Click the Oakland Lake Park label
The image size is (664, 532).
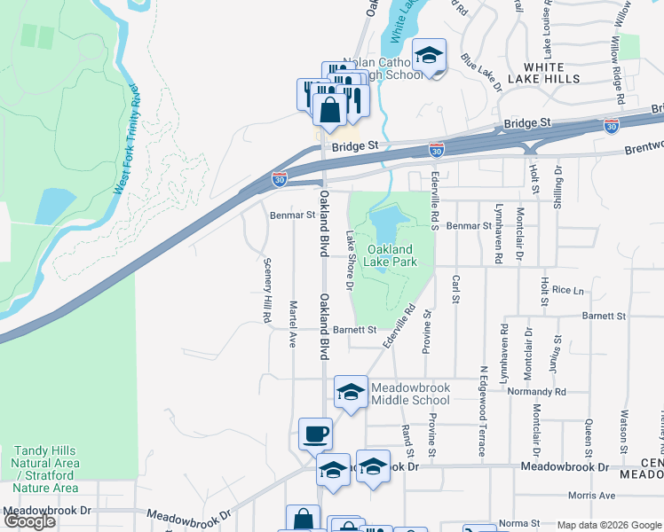(391, 255)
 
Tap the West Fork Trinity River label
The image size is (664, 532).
(125, 140)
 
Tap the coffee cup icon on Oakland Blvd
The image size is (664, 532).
(315, 434)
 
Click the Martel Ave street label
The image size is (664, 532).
(292, 323)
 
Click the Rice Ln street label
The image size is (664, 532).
(568, 289)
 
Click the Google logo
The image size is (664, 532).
(29, 521)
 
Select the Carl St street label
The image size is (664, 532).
(455, 289)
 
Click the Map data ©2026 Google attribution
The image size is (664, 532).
(609, 525)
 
